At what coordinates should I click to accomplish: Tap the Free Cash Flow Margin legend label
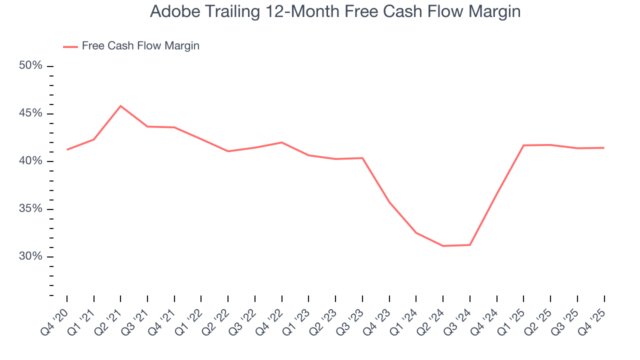(x=140, y=46)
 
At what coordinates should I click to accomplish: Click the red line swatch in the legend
(x=70, y=46)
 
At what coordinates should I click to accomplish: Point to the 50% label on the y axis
(x=30, y=66)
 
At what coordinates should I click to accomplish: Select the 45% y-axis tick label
(x=30, y=113)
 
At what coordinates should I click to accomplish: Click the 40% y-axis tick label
(x=30, y=161)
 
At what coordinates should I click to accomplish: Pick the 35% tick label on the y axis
(x=30, y=208)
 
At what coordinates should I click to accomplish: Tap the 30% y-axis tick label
(x=30, y=256)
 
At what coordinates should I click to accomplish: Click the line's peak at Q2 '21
(x=120, y=106)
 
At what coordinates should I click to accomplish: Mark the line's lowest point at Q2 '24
(x=443, y=246)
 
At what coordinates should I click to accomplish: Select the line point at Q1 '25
(x=523, y=145)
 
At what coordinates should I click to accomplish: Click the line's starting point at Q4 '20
(x=67, y=149)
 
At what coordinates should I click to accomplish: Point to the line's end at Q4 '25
(x=604, y=147)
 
